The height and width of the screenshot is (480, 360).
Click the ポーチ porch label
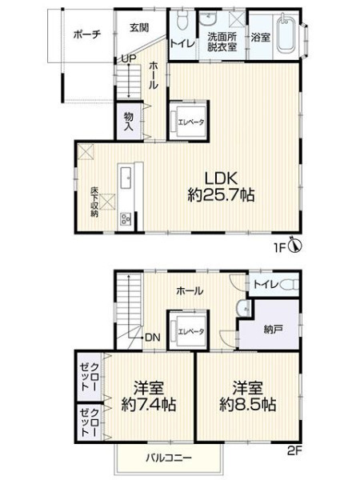87,34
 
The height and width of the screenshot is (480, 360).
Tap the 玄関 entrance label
139,28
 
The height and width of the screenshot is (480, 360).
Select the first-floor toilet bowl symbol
182,21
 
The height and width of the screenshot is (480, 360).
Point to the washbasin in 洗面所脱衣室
208,19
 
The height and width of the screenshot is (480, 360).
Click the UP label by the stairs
128,58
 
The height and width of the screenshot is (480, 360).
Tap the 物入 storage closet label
129,122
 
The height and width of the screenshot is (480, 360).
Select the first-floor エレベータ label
191,122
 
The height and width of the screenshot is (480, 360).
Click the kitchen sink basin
126,178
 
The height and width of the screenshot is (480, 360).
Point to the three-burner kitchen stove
126,219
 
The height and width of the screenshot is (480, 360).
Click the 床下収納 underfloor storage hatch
108,202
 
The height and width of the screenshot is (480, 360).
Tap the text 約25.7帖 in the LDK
221,194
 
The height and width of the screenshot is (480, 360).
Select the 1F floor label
280,247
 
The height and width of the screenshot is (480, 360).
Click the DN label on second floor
153,338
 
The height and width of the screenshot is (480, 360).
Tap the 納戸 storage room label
273,330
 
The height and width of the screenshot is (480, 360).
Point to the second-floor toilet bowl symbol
290,285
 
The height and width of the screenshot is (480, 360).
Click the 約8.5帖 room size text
248,405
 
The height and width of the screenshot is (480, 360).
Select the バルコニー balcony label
169,458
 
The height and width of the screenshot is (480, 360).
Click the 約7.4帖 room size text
149,405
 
